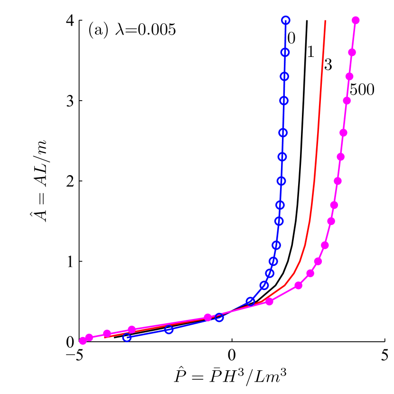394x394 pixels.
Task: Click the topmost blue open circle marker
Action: click(285, 20)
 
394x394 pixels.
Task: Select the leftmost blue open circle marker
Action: click(127, 338)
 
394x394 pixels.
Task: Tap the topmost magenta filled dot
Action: click(356, 20)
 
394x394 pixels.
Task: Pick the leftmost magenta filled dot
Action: click(83, 340)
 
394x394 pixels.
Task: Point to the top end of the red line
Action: click(325, 20)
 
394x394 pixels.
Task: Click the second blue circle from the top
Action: click(285, 52)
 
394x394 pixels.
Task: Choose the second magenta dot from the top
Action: click(352, 52)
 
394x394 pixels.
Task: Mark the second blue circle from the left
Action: click(169, 329)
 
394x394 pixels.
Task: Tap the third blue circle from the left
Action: click(219, 318)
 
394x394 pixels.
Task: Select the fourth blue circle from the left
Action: click(250, 301)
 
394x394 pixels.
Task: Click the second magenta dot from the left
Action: click(89, 338)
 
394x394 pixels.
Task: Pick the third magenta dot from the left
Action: click(107, 333)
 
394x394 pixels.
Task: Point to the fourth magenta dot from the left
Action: click(132, 329)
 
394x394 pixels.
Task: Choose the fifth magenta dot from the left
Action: click(207, 317)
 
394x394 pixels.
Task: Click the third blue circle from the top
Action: click(284, 76)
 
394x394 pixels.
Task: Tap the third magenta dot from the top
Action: click(350, 76)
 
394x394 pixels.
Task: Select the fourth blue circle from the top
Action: click(284, 101)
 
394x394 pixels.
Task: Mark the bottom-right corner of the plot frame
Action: click(385, 341)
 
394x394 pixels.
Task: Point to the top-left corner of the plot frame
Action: click(79, 20)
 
